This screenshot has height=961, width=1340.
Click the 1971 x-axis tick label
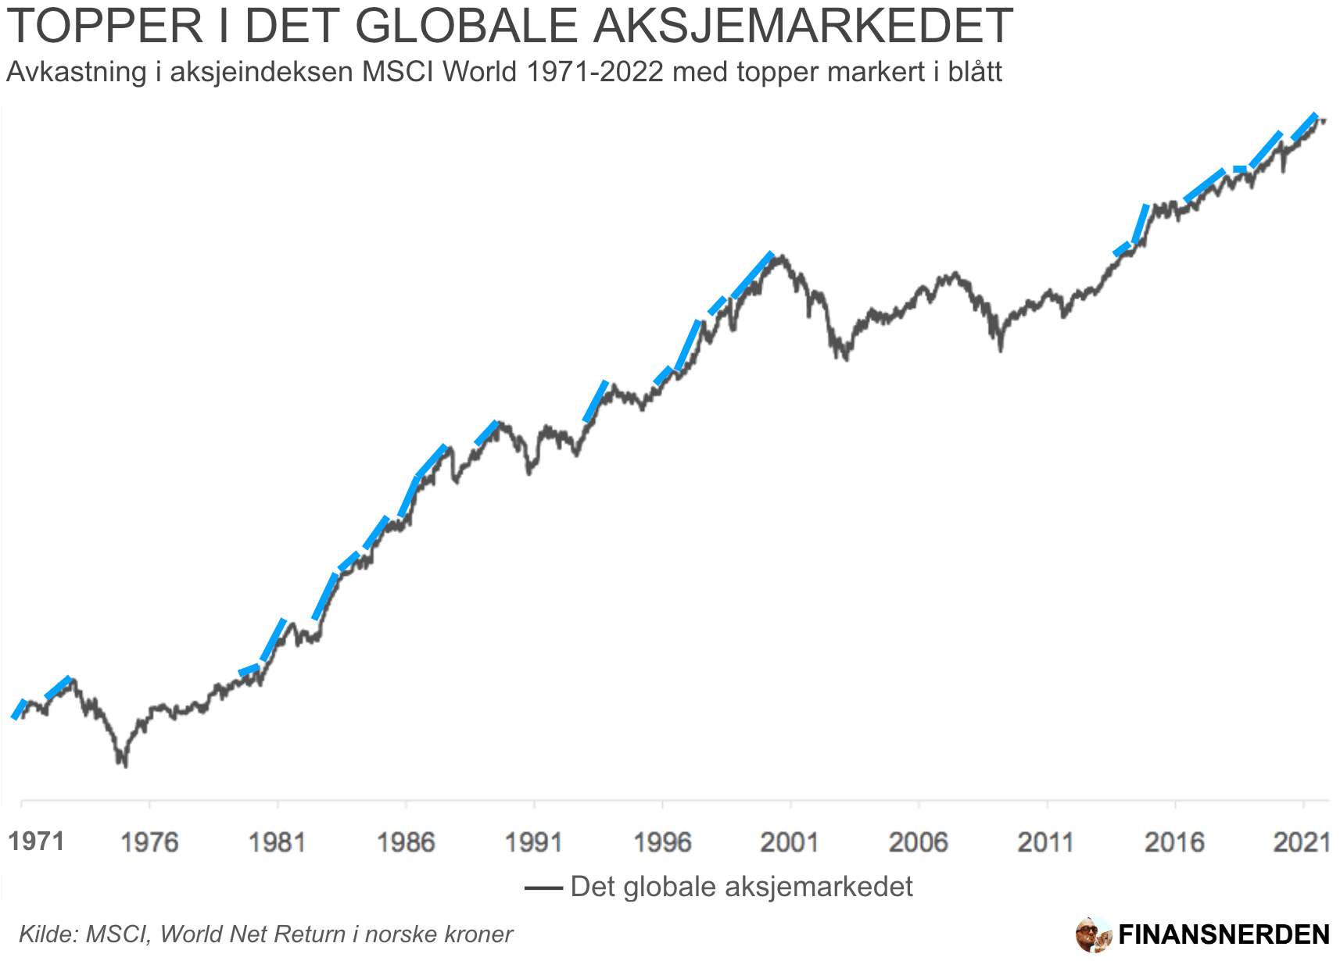coord(36,841)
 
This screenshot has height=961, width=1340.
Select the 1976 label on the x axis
coord(149,841)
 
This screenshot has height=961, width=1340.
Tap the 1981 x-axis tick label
coord(278,841)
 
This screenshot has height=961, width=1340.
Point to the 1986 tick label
coord(406,841)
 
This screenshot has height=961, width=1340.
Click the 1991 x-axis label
coord(534,841)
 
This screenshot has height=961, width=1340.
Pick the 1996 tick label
coord(662,841)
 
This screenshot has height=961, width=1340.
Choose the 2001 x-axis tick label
coord(790,841)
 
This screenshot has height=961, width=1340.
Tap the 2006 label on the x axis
coord(919,841)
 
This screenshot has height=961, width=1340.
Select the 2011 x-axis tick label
coord(1047,841)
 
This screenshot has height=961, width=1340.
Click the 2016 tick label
coord(1175,841)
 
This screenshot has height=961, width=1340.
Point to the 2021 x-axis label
coord(1302,841)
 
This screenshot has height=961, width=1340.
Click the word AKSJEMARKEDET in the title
coord(802,25)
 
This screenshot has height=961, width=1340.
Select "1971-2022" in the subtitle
coord(595,72)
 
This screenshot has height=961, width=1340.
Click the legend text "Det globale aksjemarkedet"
coord(741,887)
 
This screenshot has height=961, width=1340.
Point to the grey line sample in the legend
coord(543,888)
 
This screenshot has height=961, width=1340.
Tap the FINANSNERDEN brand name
coord(1224,934)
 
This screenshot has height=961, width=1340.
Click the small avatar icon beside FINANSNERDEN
coord(1093,934)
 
